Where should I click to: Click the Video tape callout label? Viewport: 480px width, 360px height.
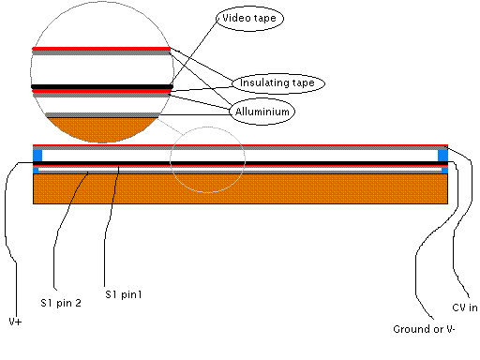[x=249, y=18]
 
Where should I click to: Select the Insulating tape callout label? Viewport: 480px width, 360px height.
[x=278, y=83]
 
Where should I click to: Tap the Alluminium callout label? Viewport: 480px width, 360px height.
[x=262, y=112]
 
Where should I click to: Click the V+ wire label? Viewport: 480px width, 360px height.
[x=15, y=322]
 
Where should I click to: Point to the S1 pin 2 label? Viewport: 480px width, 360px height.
[x=61, y=303]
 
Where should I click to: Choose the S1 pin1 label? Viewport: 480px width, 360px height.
[x=124, y=294]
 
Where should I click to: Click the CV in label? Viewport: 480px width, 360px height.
[x=465, y=307]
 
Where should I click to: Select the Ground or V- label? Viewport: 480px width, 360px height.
[x=424, y=329]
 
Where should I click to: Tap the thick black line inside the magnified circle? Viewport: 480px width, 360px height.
[x=102, y=86]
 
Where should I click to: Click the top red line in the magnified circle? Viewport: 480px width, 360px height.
[x=101, y=49]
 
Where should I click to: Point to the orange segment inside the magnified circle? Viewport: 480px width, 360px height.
[x=102, y=128]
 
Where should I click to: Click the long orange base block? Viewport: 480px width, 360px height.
[x=240, y=188]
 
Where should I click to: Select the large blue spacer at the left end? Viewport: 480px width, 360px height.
[x=37, y=156]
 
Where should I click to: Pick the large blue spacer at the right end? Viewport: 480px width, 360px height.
[x=442, y=156]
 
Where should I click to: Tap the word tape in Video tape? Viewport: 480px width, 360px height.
[x=264, y=18]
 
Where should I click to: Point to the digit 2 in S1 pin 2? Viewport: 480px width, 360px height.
[x=78, y=303]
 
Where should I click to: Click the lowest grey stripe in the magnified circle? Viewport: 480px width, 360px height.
[x=102, y=115]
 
